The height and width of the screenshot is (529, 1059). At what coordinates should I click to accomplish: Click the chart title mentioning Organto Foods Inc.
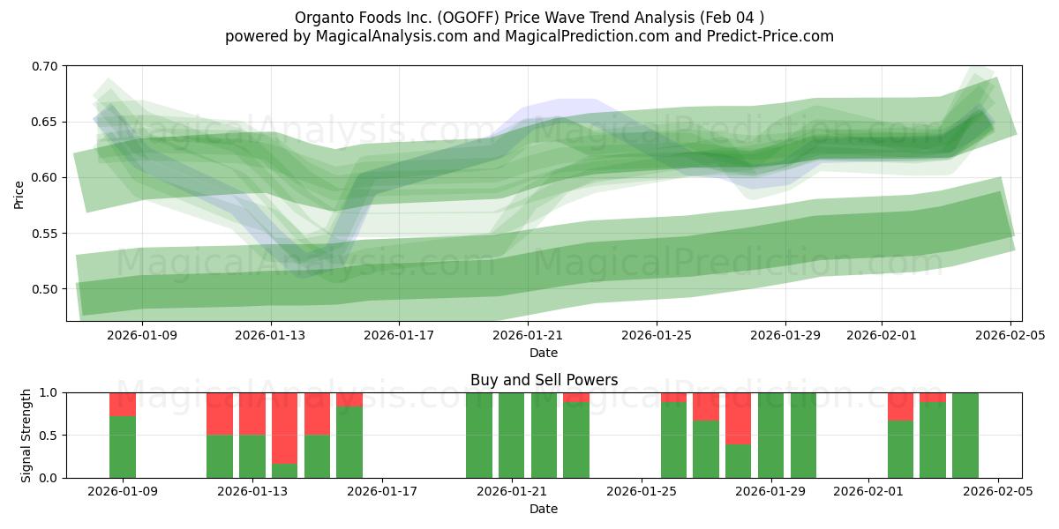coord(529,17)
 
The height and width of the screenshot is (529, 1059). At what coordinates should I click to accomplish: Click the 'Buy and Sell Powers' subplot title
coord(544,380)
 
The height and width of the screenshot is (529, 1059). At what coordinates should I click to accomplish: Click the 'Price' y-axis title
coord(19,194)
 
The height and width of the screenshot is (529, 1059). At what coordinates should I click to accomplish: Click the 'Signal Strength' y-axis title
coord(26,435)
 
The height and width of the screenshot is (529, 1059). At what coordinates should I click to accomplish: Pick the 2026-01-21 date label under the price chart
coord(528,335)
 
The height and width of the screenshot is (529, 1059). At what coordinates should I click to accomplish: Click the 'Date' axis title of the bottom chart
coord(544,509)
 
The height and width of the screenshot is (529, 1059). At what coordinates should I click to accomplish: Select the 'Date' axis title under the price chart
coord(544,353)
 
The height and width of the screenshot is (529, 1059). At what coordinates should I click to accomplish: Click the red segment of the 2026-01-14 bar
coord(285,428)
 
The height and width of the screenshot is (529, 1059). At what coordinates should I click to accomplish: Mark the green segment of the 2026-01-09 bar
coord(123,447)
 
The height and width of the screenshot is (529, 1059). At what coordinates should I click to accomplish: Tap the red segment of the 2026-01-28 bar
coord(739,418)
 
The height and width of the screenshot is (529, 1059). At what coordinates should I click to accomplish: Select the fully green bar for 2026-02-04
coord(965,436)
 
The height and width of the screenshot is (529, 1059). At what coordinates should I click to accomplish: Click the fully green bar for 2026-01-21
coord(512,436)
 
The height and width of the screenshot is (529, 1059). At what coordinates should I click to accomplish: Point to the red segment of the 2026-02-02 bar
coord(900,406)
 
